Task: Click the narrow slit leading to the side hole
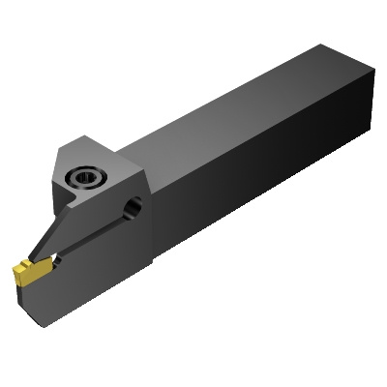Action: click(x=97, y=232)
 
